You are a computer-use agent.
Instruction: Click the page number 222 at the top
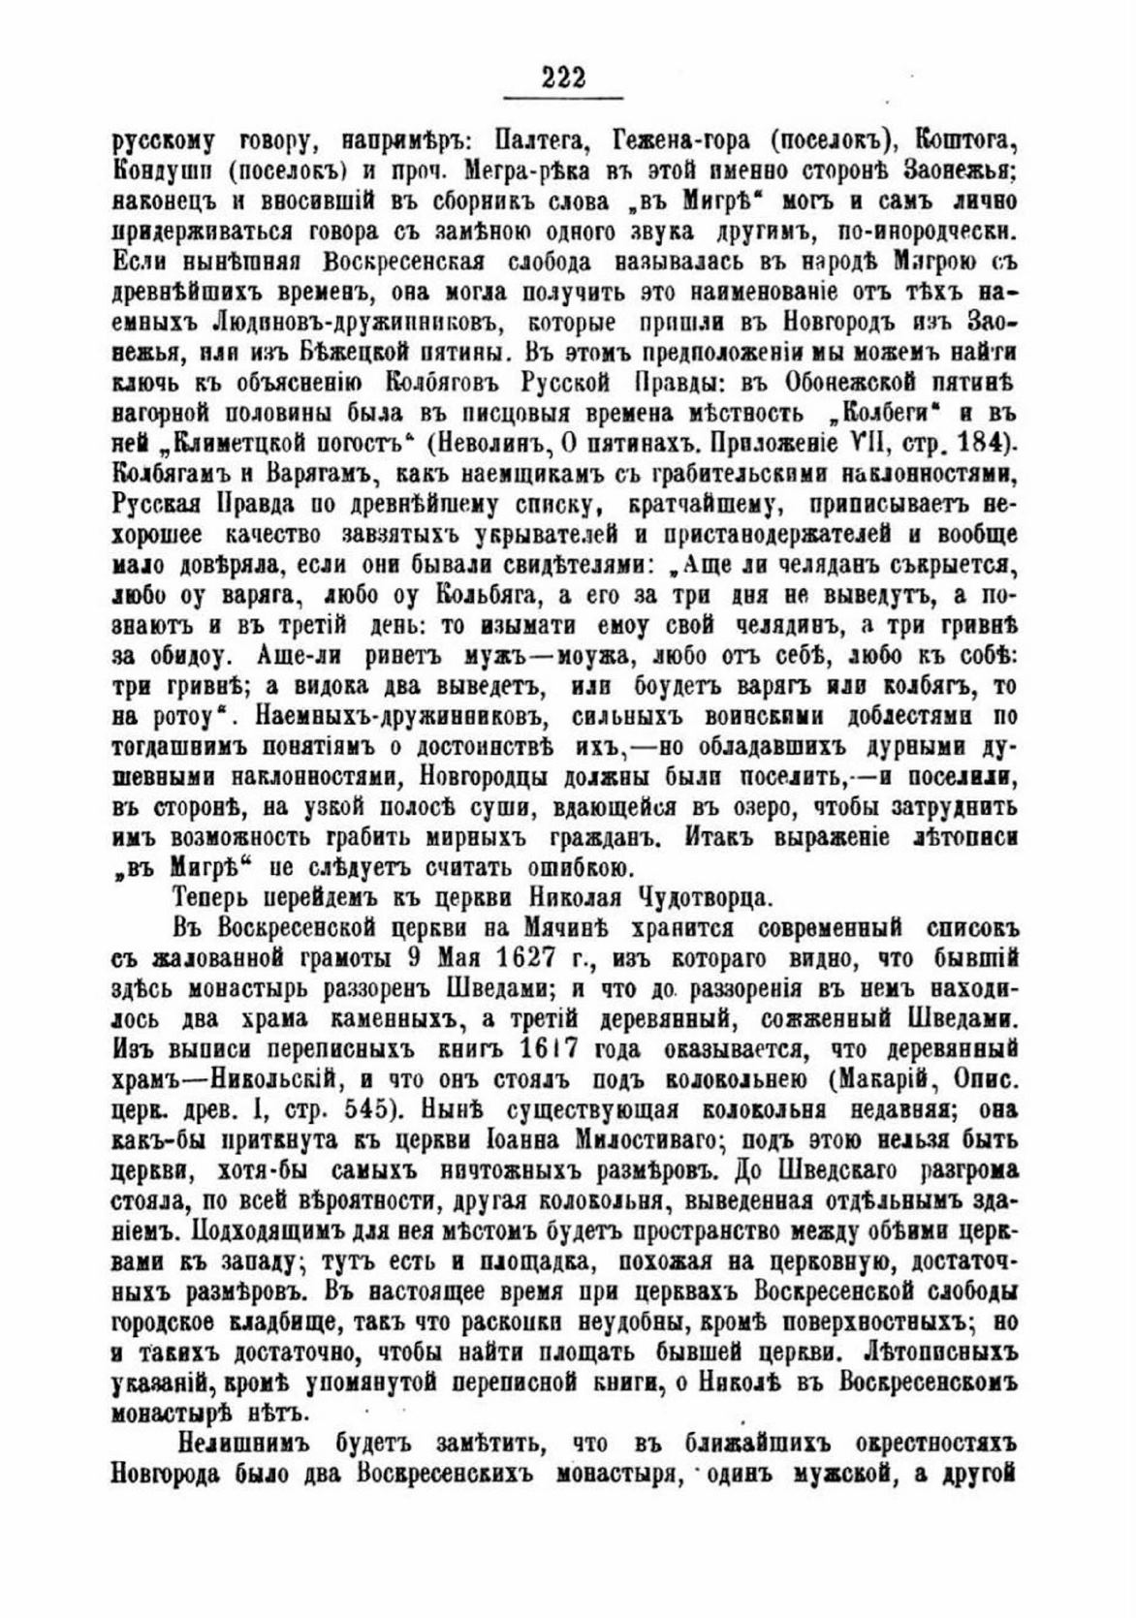click(564, 78)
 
